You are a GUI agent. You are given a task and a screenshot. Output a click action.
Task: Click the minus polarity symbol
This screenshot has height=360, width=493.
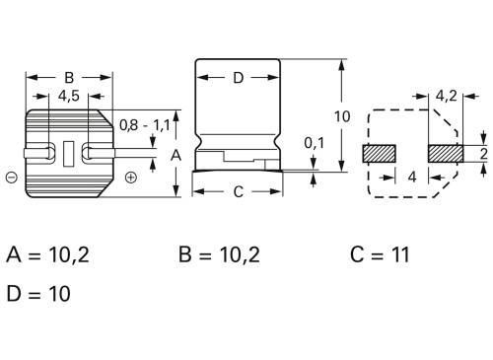[x=10, y=178]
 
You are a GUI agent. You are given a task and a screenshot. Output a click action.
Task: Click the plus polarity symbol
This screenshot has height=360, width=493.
[x=131, y=178]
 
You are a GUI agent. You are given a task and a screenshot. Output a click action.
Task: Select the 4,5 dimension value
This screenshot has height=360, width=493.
[x=69, y=97]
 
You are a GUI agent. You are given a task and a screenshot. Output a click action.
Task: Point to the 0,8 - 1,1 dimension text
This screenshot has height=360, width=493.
[x=144, y=125]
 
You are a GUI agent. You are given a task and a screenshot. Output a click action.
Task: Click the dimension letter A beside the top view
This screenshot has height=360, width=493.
[x=176, y=155]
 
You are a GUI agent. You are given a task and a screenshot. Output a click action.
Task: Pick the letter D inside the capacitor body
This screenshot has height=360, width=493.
[x=238, y=78]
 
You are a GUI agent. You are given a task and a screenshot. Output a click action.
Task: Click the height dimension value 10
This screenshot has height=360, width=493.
[x=341, y=116]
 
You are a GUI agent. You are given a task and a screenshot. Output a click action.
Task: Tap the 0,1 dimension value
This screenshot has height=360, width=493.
[x=314, y=143]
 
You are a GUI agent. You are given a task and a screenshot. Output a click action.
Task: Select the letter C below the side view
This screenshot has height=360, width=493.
[x=238, y=192]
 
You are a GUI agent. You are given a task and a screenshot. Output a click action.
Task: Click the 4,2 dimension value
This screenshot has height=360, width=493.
[x=446, y=97]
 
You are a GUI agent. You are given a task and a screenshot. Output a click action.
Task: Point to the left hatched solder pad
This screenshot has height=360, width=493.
[x=379, y=154]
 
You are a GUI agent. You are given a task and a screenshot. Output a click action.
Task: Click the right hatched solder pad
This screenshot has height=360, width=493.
[x=447, y=154]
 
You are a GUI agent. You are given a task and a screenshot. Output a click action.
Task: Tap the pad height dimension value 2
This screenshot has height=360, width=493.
[x=484, y=154]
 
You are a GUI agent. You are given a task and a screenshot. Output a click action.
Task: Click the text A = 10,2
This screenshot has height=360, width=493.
[x=47, y=255]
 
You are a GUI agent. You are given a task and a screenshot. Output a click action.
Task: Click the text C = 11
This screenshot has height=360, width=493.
[x=380, y=255]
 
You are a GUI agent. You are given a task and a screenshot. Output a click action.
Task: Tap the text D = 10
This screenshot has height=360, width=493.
[x=38, y=293]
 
